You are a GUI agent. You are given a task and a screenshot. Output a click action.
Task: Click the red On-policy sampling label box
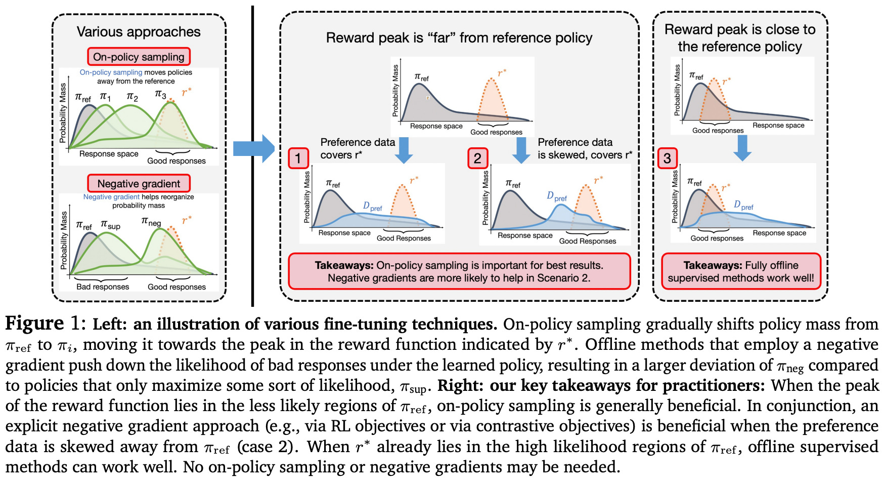(139, 57)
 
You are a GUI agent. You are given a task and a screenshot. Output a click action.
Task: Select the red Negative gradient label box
(139, 183)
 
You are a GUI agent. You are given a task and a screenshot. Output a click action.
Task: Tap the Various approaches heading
(139, 32)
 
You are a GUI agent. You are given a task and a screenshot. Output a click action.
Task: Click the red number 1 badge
(298, 158)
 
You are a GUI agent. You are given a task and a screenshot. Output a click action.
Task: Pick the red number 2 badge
(477, 158)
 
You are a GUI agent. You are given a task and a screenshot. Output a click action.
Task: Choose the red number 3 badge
(667, 158)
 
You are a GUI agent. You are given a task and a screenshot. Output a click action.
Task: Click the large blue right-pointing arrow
(253, 148)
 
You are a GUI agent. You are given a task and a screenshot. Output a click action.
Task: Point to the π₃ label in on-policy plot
(160, 94)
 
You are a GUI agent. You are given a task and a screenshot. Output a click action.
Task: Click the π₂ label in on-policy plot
(132, 96)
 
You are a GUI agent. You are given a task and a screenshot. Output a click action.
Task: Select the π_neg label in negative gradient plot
(151, 221)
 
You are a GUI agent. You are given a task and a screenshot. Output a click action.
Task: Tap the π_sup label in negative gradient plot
(110, 224)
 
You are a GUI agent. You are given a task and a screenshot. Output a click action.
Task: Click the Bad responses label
(103, 287)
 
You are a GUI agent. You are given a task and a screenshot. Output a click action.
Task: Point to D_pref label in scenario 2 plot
(557, 196)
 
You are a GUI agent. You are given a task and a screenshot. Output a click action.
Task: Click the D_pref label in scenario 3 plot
(743, 205)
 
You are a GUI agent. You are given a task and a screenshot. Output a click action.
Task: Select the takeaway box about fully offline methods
(741, 271)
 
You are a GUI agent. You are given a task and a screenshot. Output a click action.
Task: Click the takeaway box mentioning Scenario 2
(459, 271)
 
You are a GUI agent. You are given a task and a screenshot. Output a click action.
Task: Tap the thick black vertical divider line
(252, 152)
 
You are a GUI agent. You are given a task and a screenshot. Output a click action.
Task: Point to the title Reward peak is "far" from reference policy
(459, 38)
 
